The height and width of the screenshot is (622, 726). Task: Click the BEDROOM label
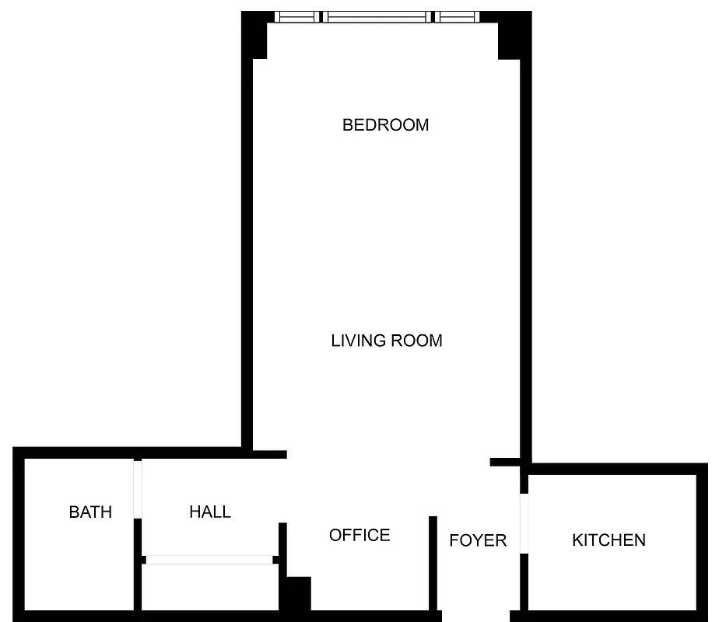(x=385, y=124)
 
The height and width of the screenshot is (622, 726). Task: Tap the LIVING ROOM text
(x=387, y=341)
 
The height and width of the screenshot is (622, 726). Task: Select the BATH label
(x=90, y=512)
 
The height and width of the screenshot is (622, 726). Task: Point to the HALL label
(x=210, y=512)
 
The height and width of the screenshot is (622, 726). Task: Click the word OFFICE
(x=359, y=535)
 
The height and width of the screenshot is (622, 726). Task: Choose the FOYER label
(x=478, y=540)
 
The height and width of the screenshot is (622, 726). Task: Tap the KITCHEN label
(x=609, y=540)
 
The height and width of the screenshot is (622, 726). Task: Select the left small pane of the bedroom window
(x=297, y=16)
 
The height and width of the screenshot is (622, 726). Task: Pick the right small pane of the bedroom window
(x=457, y=16)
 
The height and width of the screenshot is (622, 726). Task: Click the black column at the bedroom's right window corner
(x=512, y=39)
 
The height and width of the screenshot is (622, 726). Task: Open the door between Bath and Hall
(x=138, y=489)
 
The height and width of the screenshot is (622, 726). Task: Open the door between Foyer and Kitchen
(x=524, y=522)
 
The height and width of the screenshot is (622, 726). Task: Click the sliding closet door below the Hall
(x=209, y=559)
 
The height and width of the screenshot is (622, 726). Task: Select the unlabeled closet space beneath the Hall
(x=209, y=587)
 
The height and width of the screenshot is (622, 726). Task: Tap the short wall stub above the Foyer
(x=505, y=462)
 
